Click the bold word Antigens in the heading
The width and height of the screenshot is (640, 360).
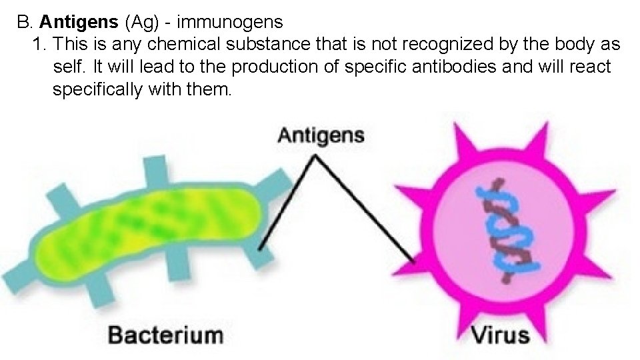pyautogui.click(x=79, y=22)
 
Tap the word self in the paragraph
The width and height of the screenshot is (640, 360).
pyautogui.click(x=67, y=68)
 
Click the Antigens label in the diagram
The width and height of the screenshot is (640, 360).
pyautogui.click(x=321, y=136)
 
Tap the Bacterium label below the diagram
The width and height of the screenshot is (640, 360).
pyautogui.click(x=165, y=333)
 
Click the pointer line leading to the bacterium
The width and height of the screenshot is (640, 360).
pyautogui.click(x=287, y=203)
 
